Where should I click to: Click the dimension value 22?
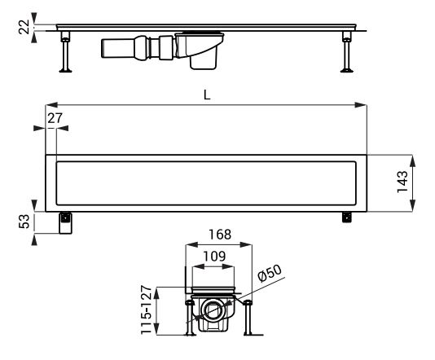(24, 27)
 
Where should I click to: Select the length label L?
(207, 94)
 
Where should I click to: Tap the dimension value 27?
(55, 118)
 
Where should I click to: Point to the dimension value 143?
(402, 182)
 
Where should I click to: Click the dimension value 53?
(24, 222)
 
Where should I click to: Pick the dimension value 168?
(220, 235)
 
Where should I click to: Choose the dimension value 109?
(214, 256)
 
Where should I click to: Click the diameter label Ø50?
(270, 273)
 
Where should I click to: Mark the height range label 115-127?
(147, 310)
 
